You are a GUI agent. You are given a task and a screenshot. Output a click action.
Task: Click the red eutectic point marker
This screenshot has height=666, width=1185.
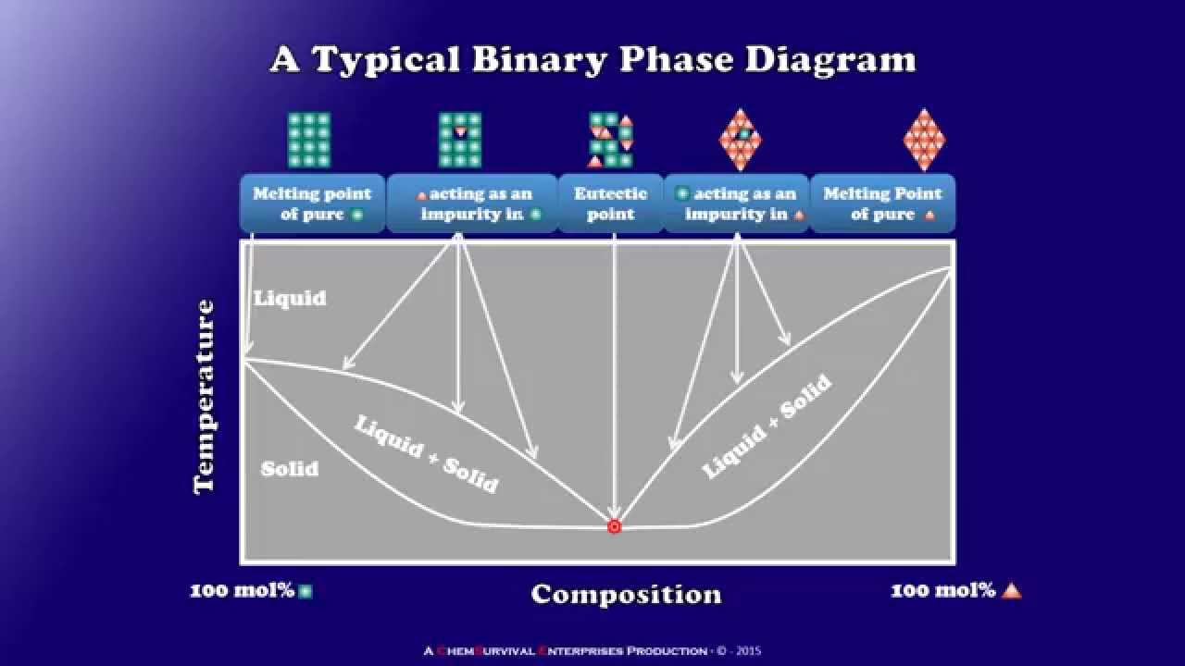click(x=614, y=526)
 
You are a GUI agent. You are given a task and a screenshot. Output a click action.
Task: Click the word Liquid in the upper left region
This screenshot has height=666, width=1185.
click(x=290, y=298)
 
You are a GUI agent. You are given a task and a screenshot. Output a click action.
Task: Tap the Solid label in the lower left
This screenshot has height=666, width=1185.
click(x=290, y=469)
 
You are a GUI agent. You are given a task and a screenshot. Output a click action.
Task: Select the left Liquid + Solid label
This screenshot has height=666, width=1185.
click(x=426, y=453)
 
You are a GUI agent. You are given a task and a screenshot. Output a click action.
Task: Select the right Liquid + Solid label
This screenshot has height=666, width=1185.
click(x=767, y=426)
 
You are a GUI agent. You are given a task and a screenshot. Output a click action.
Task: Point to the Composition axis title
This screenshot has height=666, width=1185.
click(x=626, y=594)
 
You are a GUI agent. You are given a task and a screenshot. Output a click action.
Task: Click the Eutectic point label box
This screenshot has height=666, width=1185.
click(x=611, y=203)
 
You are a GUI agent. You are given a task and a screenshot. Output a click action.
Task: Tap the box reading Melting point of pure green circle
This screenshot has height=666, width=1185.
click(x=312, y=203)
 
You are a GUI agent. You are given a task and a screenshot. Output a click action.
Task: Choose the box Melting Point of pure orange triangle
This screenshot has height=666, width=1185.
click(x=882, y=203)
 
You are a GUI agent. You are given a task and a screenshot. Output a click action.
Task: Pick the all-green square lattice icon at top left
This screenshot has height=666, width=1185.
click(x=309, y=140)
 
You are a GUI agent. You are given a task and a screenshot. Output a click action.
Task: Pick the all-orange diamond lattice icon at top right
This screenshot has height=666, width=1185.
click(x=924, y=140)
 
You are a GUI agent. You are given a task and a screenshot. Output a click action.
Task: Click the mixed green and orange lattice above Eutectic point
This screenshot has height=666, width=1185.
click(x=611, y=140)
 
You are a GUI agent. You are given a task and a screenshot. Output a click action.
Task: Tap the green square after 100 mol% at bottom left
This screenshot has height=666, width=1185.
click(x=306, y=591)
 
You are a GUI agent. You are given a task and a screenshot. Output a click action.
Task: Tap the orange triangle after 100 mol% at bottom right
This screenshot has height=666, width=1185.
click(x=1011, y=590)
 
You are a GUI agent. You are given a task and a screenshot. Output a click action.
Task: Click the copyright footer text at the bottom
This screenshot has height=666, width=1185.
click(x=592, y=650)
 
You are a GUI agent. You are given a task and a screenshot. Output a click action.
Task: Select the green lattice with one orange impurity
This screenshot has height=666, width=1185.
click(x=460, y=140)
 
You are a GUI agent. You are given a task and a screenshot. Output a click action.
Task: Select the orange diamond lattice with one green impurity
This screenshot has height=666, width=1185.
click(x=740, y=140)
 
